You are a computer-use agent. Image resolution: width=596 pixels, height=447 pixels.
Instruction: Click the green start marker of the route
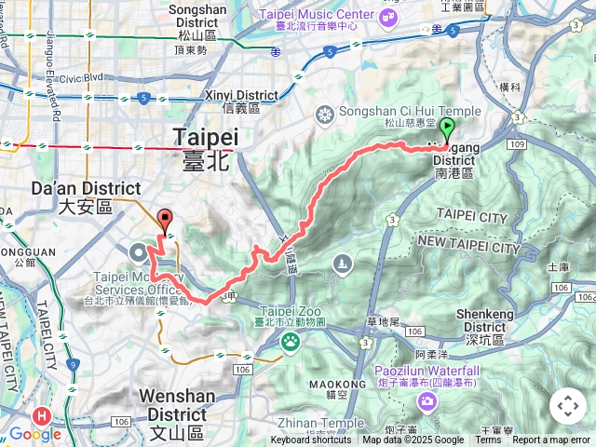(447, 129)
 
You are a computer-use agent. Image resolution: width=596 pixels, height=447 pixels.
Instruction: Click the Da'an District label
(86, 188)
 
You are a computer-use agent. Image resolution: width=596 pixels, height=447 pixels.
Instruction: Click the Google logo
(34, 434)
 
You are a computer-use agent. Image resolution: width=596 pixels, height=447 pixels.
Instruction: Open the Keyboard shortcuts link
(311, 440)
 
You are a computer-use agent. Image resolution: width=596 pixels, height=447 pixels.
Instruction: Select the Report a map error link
(551, 440)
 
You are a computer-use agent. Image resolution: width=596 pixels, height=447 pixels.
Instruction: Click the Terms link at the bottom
(488, 440)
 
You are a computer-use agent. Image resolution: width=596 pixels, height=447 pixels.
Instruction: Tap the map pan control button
(567, 406)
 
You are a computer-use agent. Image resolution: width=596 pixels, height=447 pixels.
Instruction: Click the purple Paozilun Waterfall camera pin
(427, 402)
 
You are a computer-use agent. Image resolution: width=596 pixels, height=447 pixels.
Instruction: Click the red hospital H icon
(40, 415)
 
